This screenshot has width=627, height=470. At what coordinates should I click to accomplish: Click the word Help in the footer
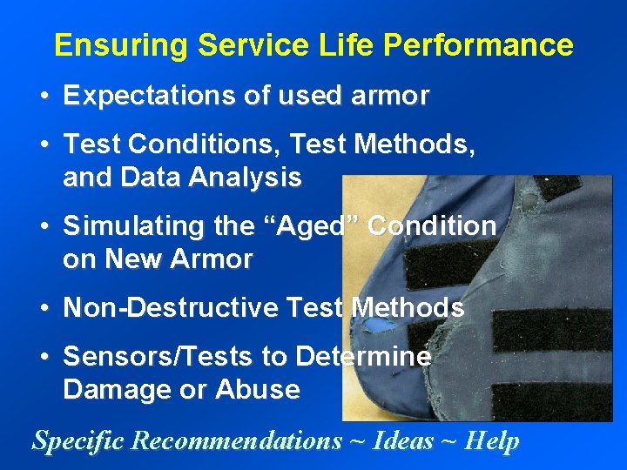[x=492, y=440]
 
